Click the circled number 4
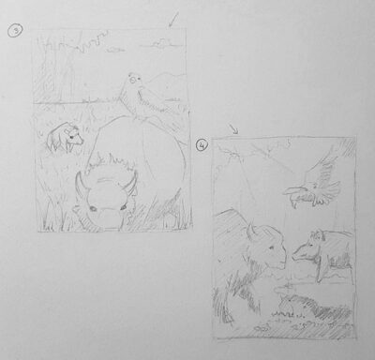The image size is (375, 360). (x=202, y=146)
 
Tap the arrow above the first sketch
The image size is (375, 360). (x=172, y=19)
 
